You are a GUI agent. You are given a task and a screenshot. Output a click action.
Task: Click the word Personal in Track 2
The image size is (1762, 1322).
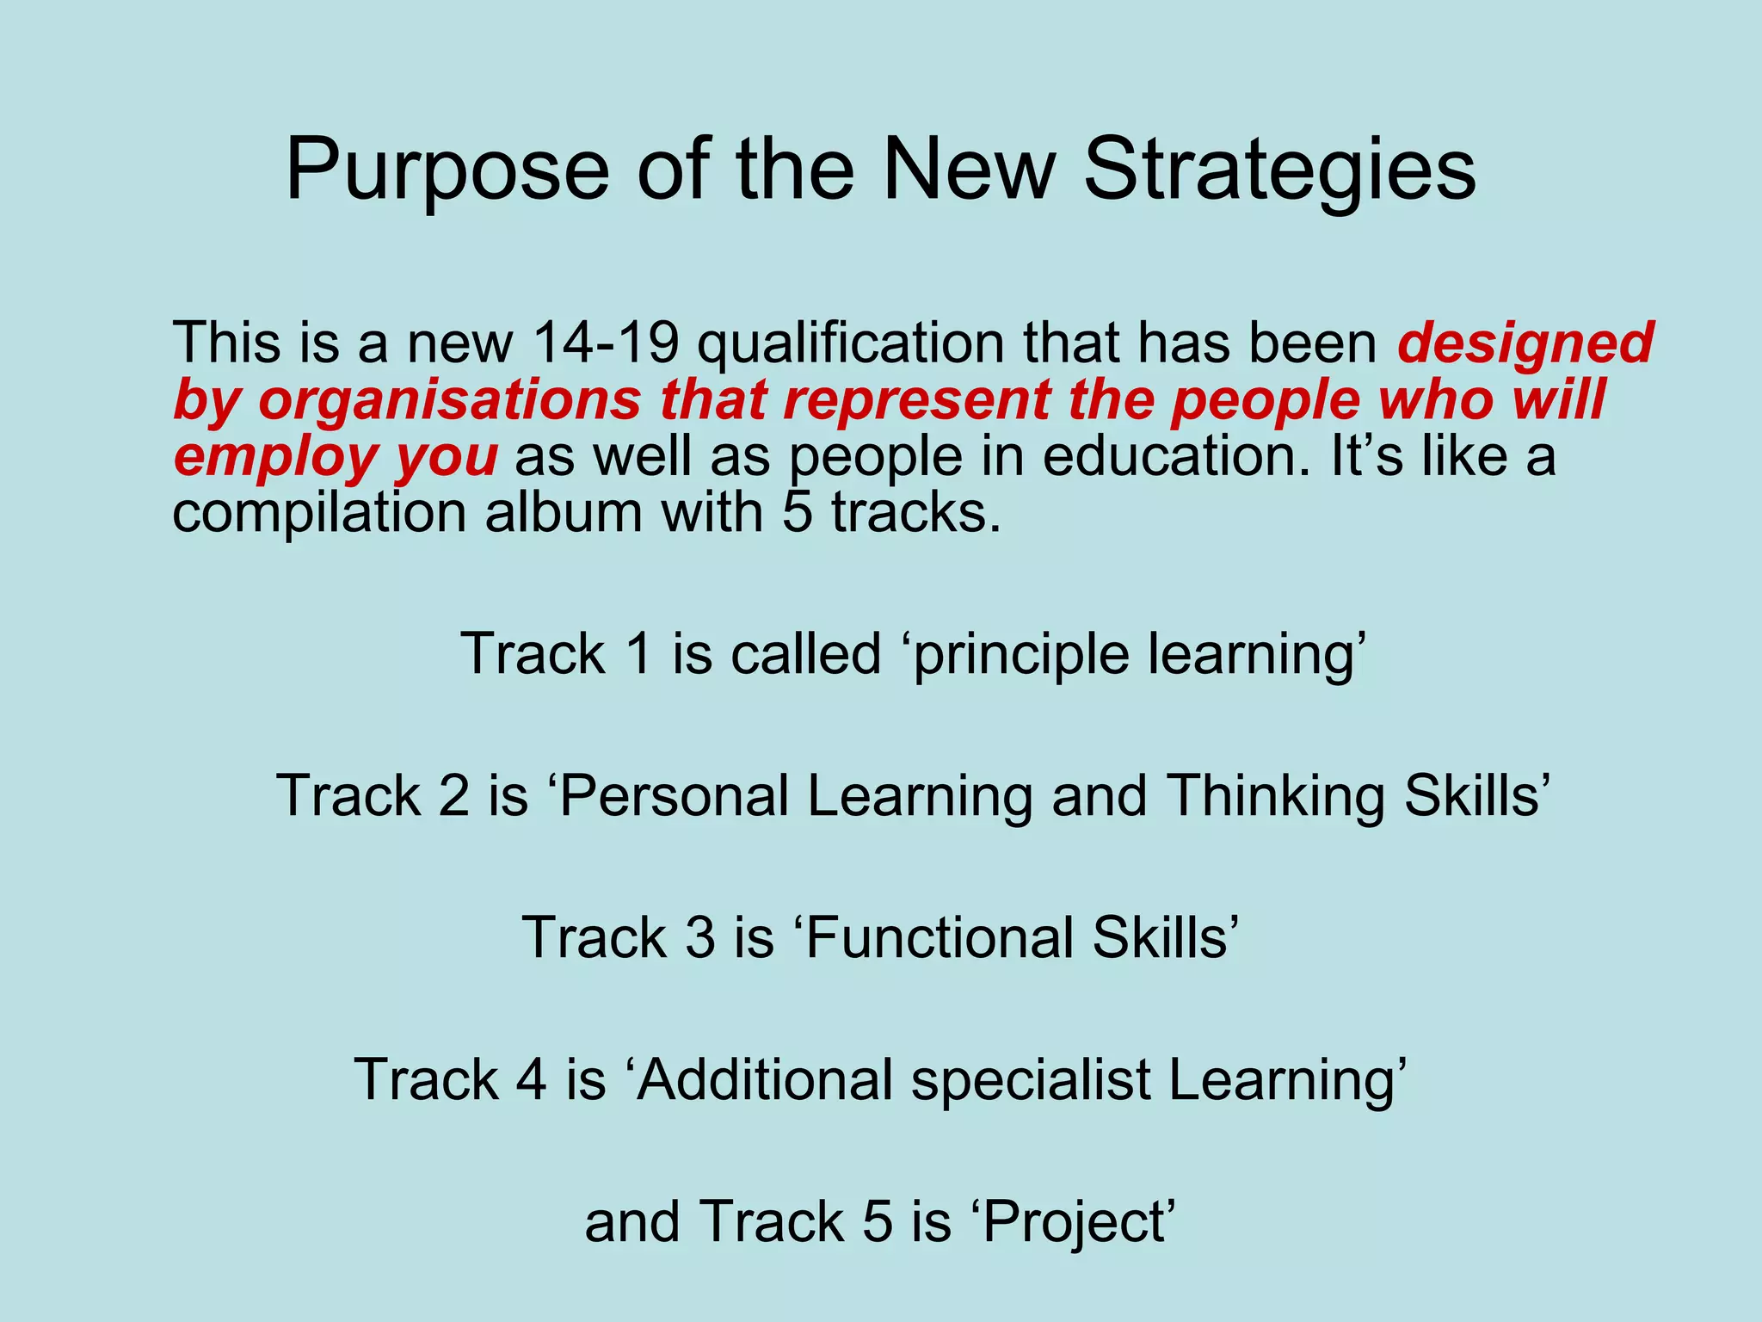coord(675,795)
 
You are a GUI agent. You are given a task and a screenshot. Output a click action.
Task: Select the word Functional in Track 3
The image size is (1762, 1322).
coord(940,937)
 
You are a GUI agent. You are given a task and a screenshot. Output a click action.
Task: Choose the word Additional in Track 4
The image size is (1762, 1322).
coord(766,1079)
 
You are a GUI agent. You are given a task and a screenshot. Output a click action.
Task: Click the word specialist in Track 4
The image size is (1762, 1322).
coord(1031,1081)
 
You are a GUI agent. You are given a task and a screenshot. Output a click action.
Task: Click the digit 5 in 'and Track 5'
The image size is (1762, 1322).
coord(877,1222)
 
